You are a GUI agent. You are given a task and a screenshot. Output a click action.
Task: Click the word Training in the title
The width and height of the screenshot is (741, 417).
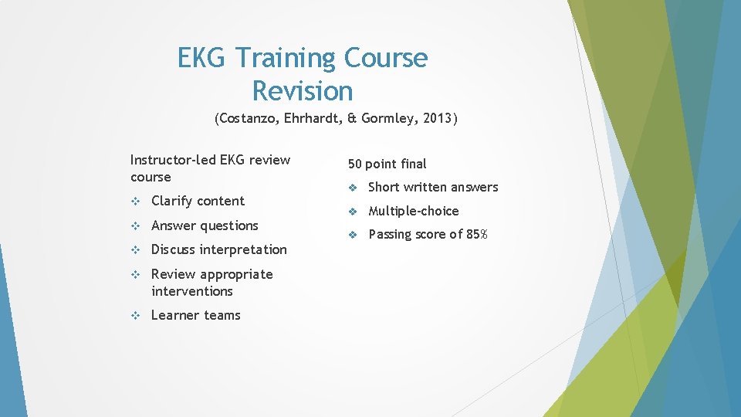pos(286,59)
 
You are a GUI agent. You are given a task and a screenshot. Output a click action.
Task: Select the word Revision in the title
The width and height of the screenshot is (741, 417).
pos(302,91)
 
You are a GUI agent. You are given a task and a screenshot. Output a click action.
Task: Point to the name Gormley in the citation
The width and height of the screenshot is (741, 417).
pos(391,119)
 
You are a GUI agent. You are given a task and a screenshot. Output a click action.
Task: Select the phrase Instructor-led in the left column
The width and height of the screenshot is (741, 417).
pos(173,160)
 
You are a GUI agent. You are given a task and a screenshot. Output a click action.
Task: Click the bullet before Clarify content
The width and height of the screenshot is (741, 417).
pos(135,202)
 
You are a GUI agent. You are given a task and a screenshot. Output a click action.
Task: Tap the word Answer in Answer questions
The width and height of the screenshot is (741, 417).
pos(174,225)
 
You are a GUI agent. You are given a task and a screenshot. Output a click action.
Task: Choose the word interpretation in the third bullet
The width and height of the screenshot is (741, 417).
pos(243,249)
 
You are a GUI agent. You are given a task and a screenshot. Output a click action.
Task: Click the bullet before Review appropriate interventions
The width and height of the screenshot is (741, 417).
pos(135,275)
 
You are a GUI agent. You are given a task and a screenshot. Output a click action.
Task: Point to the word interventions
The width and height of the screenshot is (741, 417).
pos(192,291)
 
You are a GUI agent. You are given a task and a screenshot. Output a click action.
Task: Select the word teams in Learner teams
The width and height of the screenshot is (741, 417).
pos(222,315)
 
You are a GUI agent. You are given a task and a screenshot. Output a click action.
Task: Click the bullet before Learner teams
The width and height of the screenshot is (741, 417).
pos(135,316)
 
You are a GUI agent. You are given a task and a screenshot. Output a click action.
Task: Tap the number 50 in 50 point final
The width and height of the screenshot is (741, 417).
pos(355,164)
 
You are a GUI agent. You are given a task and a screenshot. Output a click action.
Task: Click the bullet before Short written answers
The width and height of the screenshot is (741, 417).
pos(352,188)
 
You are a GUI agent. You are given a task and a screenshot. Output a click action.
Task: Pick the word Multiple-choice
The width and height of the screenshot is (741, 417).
pos(413,211)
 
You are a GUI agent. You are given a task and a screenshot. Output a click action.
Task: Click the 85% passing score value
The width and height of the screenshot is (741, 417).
pos(476,234)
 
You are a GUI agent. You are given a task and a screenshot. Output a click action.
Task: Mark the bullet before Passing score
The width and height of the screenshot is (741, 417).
pos(352,235)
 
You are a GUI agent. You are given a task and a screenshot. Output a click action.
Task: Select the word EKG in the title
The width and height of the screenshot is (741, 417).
pos(203,59)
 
